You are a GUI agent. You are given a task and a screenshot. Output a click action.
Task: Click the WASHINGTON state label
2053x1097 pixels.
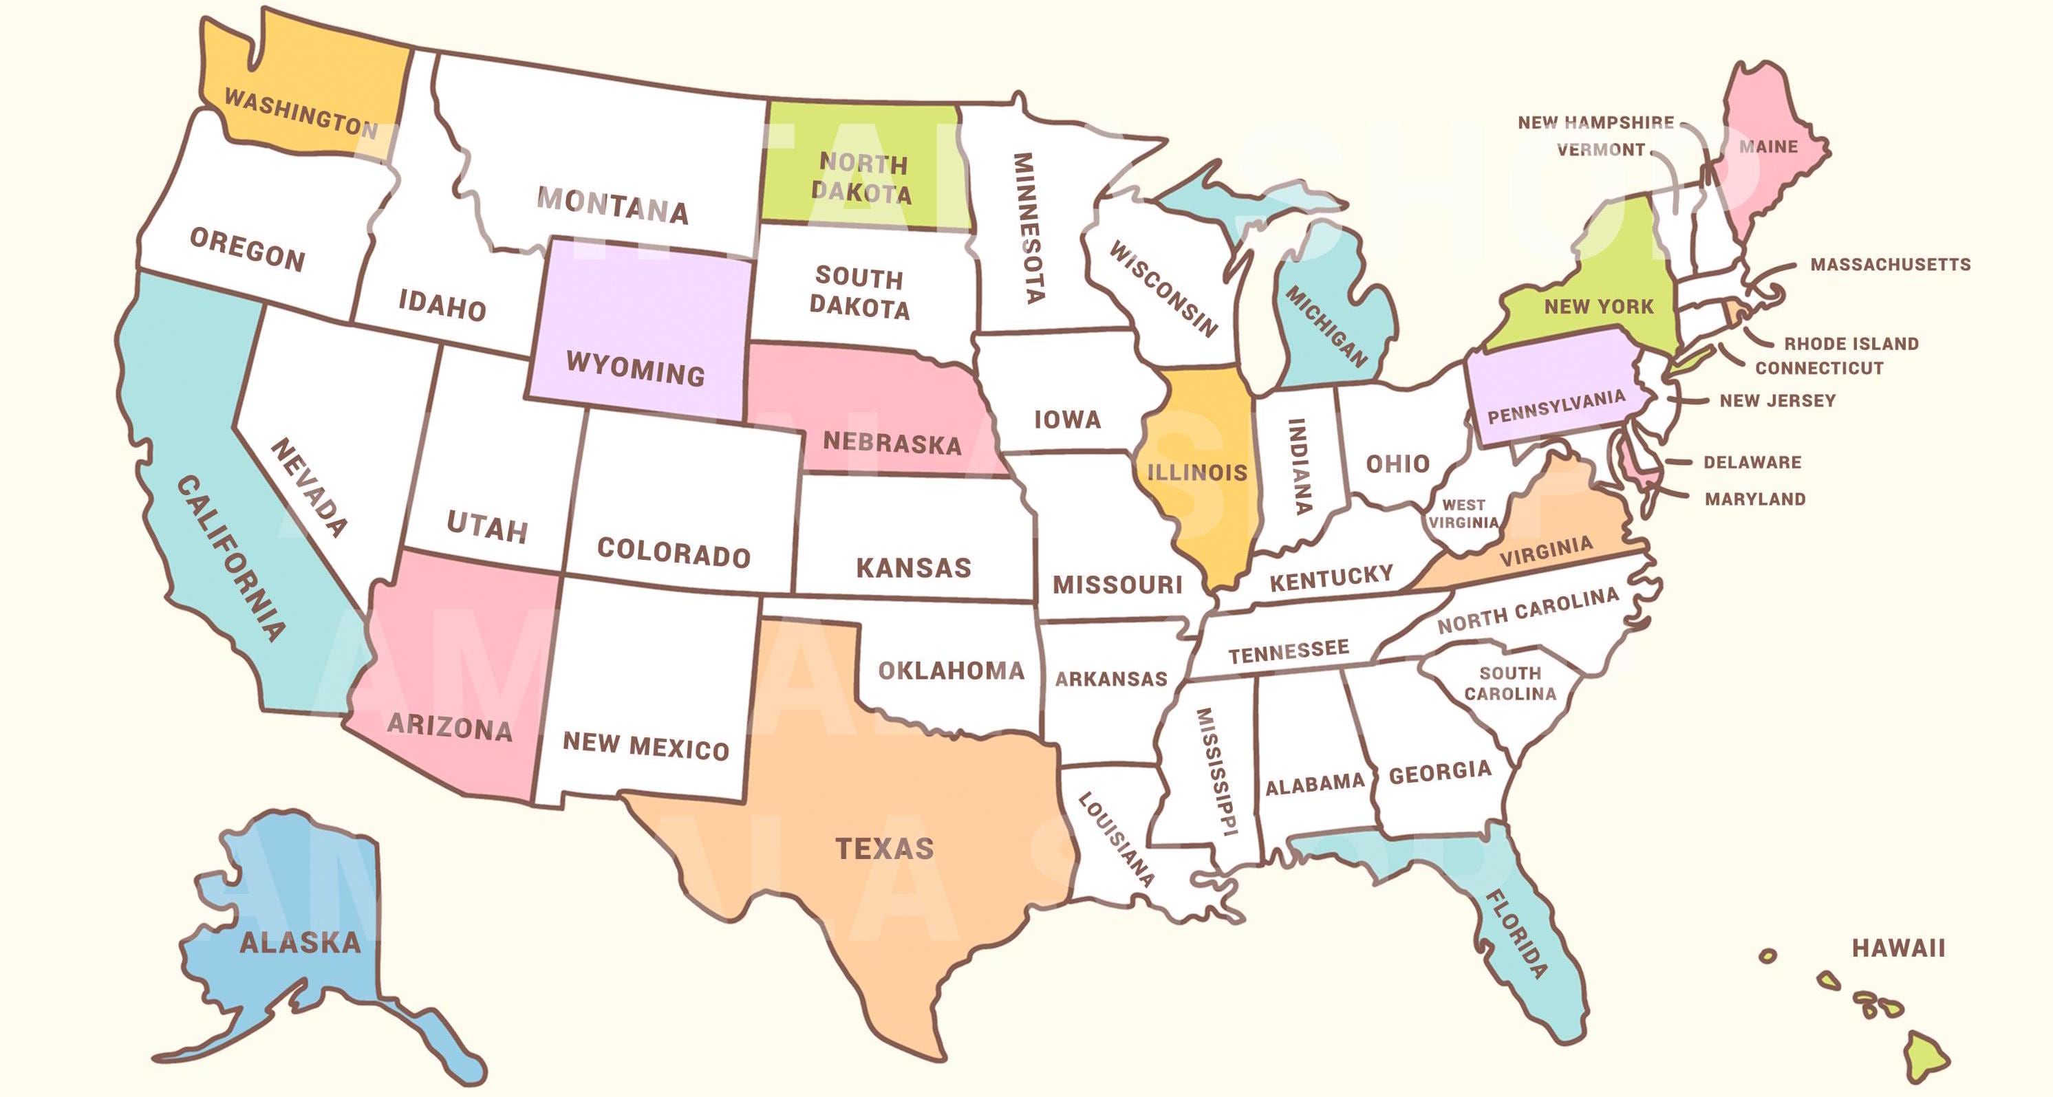tap(301, 113)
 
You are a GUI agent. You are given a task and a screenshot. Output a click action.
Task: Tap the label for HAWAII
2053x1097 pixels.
tap(1898, 948)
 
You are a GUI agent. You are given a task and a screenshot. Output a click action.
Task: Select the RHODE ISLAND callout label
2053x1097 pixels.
tap(1851, 344)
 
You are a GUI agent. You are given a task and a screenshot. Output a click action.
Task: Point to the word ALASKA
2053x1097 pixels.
tap(301, 943)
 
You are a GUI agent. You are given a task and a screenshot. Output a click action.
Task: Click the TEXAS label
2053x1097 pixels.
tap(884, 849)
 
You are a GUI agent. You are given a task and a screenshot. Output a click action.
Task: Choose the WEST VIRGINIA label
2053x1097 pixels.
tap(1463, 514)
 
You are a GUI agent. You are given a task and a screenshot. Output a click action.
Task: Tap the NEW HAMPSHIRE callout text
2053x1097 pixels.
tap(1595, 122)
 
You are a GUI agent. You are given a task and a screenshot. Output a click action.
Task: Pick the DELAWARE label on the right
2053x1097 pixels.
tap(1752, 462)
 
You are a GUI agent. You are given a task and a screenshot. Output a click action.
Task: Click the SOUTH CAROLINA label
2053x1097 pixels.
tap(1509, 684)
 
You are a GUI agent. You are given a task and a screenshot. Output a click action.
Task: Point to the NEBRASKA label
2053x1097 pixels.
tap(892, 442)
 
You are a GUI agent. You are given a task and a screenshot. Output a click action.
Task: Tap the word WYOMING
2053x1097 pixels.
tap(635, 369)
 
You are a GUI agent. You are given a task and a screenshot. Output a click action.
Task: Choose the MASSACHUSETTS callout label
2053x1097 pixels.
tap(1890, 265)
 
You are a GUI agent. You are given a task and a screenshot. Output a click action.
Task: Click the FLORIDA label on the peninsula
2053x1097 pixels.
tap(1518, 934)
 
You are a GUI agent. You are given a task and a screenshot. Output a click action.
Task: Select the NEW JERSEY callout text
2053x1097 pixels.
tap(1777, 401)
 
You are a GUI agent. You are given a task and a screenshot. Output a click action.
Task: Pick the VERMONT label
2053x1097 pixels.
tap(1600, 150)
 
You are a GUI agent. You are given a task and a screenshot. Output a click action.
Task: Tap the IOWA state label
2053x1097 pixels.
tap(1067, 419)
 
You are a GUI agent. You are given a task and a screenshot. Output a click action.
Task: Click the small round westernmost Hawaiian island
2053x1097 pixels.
tap(1767, 955)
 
